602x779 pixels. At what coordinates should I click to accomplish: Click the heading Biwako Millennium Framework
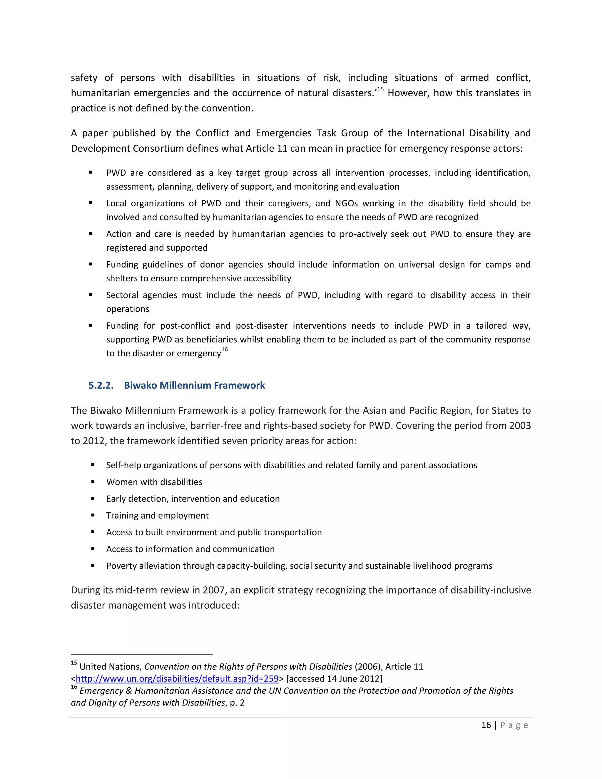(x=194, y=385)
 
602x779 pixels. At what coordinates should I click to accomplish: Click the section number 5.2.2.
(x=101, y=385)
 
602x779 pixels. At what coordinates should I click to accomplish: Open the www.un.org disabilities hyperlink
(x=177, y=678)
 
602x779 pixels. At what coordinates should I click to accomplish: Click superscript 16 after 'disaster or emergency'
(x=224, y=350)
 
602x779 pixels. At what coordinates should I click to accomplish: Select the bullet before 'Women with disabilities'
(x=93, y=482)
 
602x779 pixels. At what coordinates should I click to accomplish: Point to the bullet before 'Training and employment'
(x=93, y=515)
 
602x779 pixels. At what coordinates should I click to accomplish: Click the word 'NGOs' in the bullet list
(x=346, y=203)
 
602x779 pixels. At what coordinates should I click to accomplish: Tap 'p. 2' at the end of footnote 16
(x=237, y=703)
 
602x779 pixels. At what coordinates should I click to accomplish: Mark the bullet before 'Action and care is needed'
(x=91, y=234)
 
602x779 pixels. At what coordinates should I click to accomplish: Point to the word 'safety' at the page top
(x=84, y=78)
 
